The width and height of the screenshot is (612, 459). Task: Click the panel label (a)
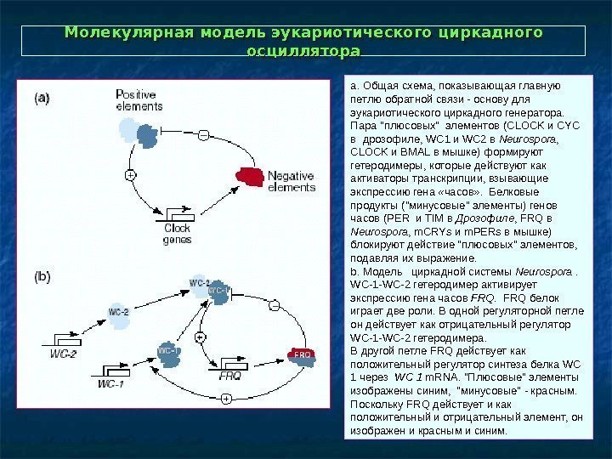coord(42,98)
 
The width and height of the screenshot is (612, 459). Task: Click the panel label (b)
coord(42,276)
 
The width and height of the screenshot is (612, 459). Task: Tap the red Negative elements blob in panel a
coord(252,177)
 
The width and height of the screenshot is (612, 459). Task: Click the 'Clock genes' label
coord(177,234)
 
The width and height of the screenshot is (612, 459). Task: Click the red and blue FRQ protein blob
coord(302,354)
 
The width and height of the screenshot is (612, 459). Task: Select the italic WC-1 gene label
coord(110,383)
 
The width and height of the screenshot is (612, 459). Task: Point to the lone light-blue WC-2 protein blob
coord(118,312)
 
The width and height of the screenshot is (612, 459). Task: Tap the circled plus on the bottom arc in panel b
coord(226,398)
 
